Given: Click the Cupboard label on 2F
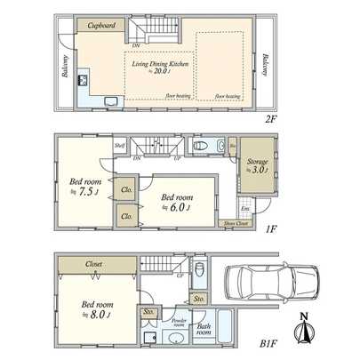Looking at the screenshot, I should coord(102,26).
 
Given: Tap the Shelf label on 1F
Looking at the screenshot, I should coord(118,145).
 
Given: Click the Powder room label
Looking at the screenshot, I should coord(178,322).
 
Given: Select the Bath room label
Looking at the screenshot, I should coord(204,330).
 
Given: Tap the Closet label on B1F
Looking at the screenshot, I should coord(94,264).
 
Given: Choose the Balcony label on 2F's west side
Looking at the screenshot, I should coord(65,68).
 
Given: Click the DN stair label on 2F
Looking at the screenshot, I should coord(135,44).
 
